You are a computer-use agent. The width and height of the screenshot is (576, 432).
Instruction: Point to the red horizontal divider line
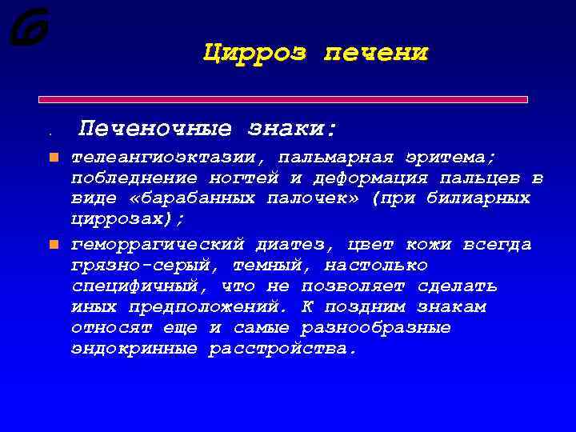pyautogui.click(x=284, y=99)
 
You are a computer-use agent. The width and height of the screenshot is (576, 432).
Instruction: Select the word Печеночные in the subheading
pyautogui.click(x=156, y=129)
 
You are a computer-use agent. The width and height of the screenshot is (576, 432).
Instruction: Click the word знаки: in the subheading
pyautogui.click(x=293, y=129)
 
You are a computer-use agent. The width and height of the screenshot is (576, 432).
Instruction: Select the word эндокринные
pyautogui.click(x=134, y=348)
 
